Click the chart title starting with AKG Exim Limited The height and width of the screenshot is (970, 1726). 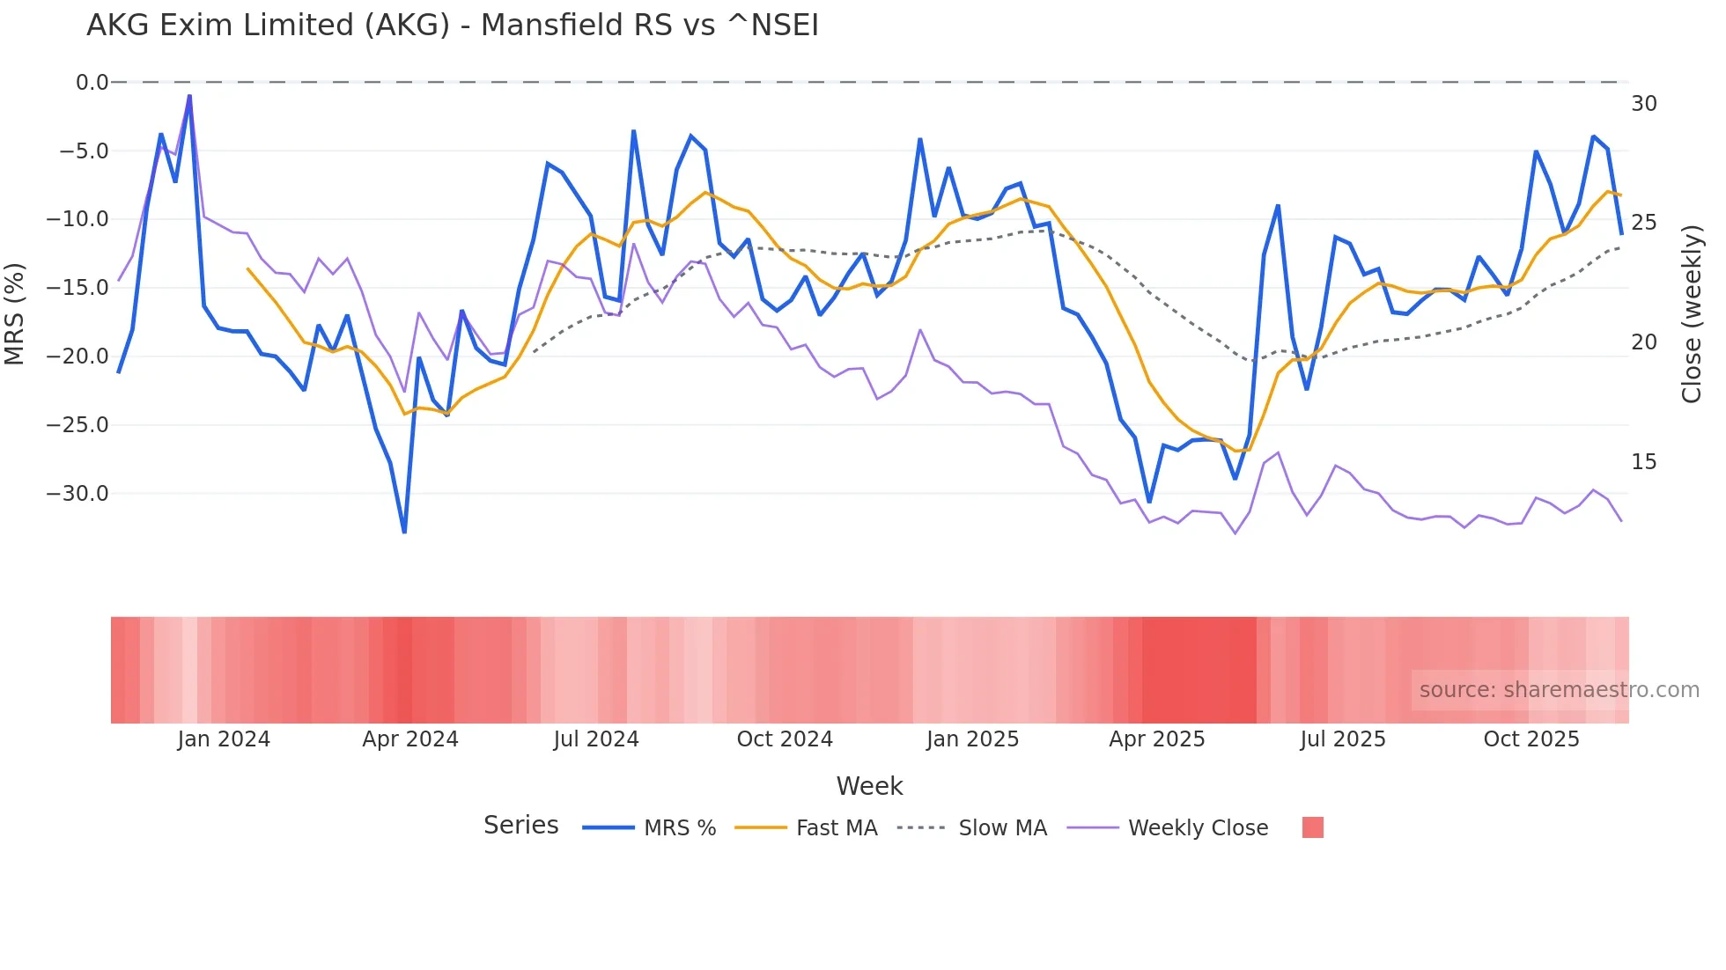(452, 26)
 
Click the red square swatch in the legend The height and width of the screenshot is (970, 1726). (1312, 827)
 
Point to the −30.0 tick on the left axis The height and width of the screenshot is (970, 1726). (77, 494)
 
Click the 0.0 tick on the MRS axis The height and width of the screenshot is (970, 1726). (92, 83)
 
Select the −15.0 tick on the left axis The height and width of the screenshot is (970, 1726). (77, 288)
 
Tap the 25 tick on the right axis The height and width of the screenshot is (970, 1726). (1643, 223)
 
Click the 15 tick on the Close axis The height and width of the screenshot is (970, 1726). (1643, 462)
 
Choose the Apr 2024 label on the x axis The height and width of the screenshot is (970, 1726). (410, 739)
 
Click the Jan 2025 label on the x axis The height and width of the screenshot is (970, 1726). (972, 739)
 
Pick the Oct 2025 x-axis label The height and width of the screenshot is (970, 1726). (1531, 739)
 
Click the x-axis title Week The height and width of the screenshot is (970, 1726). (869, 786)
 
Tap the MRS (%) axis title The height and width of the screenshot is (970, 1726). (15, 313)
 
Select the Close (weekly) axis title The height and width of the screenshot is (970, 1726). (1692, 314)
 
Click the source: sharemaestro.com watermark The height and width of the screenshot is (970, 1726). (1559, 690)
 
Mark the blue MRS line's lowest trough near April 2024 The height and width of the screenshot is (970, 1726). (404, 532)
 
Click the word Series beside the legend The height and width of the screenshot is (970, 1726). (520, 826)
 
